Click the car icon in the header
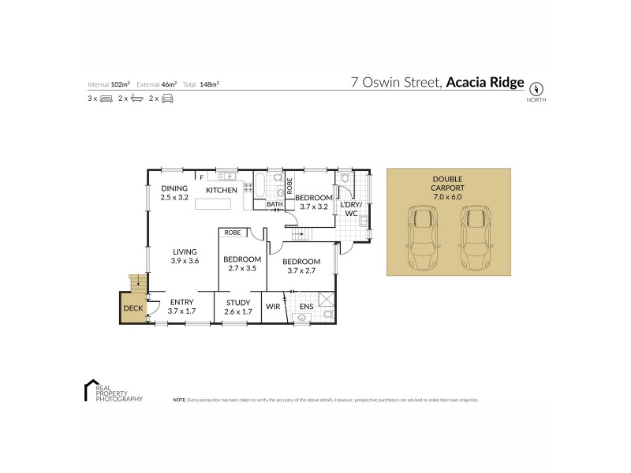coord(166,99)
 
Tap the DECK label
coord(133,307)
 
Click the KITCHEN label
coord(222,190)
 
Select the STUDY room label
coord(237,303)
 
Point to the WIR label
coord(273,306)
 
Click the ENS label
coord(306,306)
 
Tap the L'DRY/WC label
coord(350,209)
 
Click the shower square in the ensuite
coord(325,300)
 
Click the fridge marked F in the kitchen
coord(202,177)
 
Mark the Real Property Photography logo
coord(113,392)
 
